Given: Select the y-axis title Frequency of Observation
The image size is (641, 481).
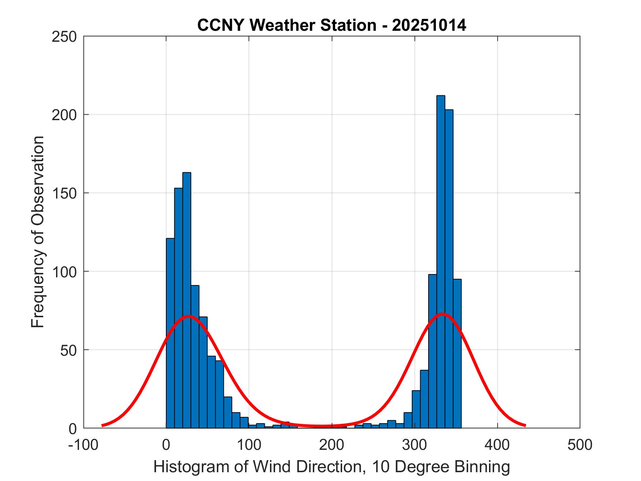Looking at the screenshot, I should pos(38,232).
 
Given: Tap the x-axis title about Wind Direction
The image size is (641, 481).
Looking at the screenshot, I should pos(331,467).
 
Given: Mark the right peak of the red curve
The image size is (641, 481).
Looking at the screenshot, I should pos(443,314).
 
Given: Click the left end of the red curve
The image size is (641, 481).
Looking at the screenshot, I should pos(103,425).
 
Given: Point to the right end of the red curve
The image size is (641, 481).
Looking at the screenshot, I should pos(525,425).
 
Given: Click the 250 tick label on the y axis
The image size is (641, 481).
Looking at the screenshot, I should pos(64,37).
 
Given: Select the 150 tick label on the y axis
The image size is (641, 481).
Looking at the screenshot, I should pos(64,193).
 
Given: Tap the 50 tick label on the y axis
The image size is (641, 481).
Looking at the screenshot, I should pos(68,350).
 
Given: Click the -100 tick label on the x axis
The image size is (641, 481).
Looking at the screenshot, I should pos(84,445).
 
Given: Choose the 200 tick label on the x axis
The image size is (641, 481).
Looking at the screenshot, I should pos(331,445).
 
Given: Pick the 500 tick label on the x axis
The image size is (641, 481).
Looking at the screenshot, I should pos(579,445).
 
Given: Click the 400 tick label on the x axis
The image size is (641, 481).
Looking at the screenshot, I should pos(497,445).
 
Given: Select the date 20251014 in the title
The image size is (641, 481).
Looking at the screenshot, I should pos(429,25).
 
